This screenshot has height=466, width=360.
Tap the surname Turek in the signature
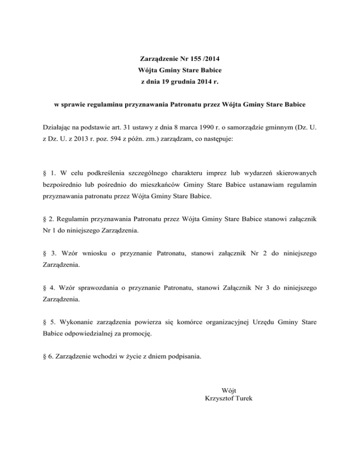[244, 398]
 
